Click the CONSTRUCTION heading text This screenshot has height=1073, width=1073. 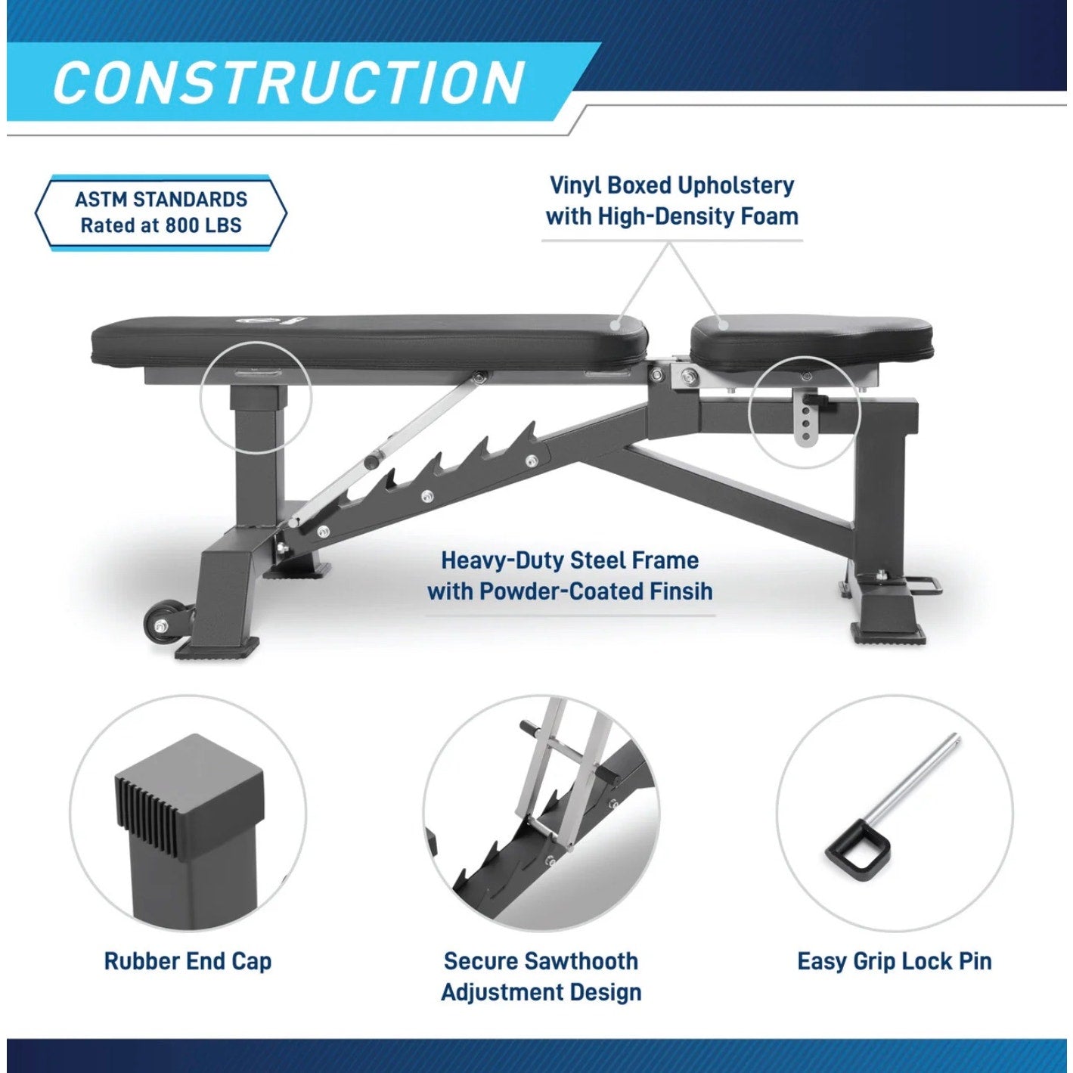[x=288, y=83]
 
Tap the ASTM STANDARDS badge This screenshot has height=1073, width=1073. [x=161, y=212]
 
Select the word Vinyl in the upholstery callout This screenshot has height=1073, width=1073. [x=575, y=186]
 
